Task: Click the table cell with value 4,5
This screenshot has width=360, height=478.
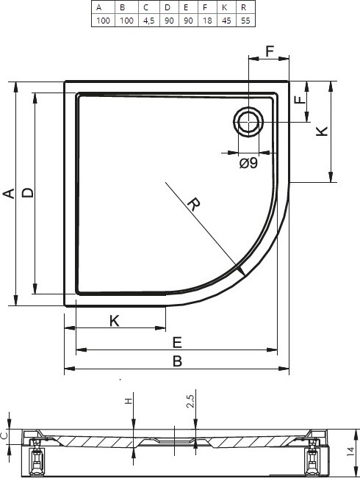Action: coord(148,21)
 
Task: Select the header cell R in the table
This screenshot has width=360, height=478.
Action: coord(243,7)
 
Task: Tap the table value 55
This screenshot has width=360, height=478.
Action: coord(245,21)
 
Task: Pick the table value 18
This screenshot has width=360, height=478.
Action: coord(207,21)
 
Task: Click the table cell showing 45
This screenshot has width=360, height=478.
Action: coord(226,21)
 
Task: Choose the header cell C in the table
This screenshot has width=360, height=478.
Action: coord(145,7)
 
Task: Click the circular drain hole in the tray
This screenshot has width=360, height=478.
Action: coord(248,122)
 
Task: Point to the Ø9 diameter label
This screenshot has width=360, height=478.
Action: coord(248,164)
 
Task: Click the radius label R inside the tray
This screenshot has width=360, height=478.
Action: coord(192,204)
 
